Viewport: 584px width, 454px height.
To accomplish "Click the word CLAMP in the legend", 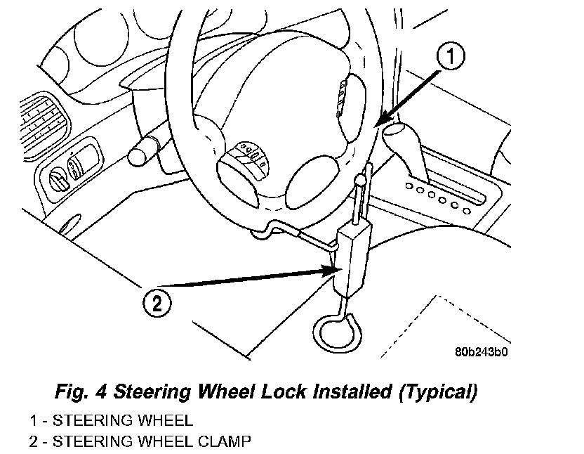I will tap(225, 441).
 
